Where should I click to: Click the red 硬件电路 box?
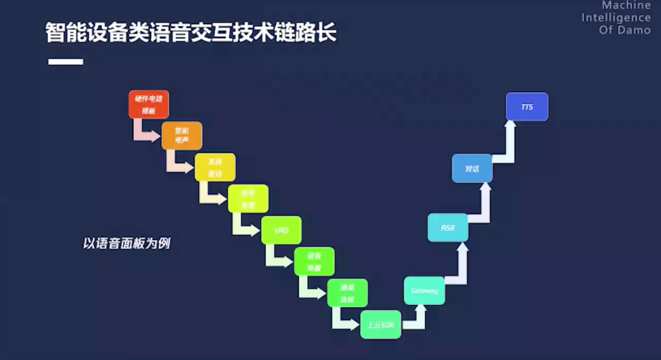(x=149, y=104)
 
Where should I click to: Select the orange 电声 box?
(x=182, y=136)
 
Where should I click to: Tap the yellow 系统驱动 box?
(x=215, y=167)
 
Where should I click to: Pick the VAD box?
(x=281, y=230)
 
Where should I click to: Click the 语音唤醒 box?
(x=314, y=261)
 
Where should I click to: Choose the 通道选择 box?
(x=347, y=293)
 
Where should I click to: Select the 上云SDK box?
(x=381, y=324)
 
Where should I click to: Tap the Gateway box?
(x=424, y=291)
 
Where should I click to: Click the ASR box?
(x=447, y=228)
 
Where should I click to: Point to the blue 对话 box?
(x=472, y=168)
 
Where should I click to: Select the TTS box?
(x=527, y=107)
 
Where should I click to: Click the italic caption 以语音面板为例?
(x=126, y=243)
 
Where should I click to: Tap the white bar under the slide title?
(x=65, y=62)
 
